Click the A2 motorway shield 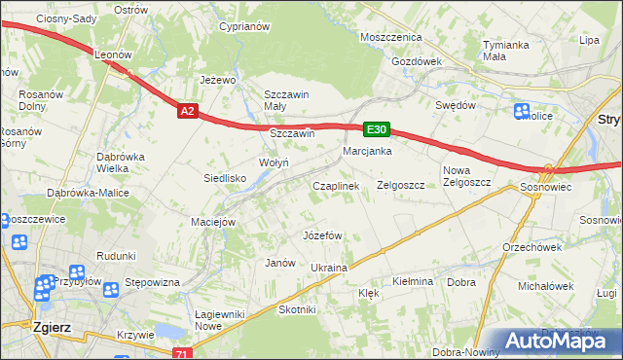[189, 112]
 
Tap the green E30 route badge [377, 128]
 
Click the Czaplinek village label [336, 185]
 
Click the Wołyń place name [274, 162]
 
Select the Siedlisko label [224, 178]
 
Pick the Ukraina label [328, 267]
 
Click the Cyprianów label [243, 27]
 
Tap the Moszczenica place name [389, 36]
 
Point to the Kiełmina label [412, 281]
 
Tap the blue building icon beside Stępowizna [110, 288]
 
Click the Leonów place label [113, 55]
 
